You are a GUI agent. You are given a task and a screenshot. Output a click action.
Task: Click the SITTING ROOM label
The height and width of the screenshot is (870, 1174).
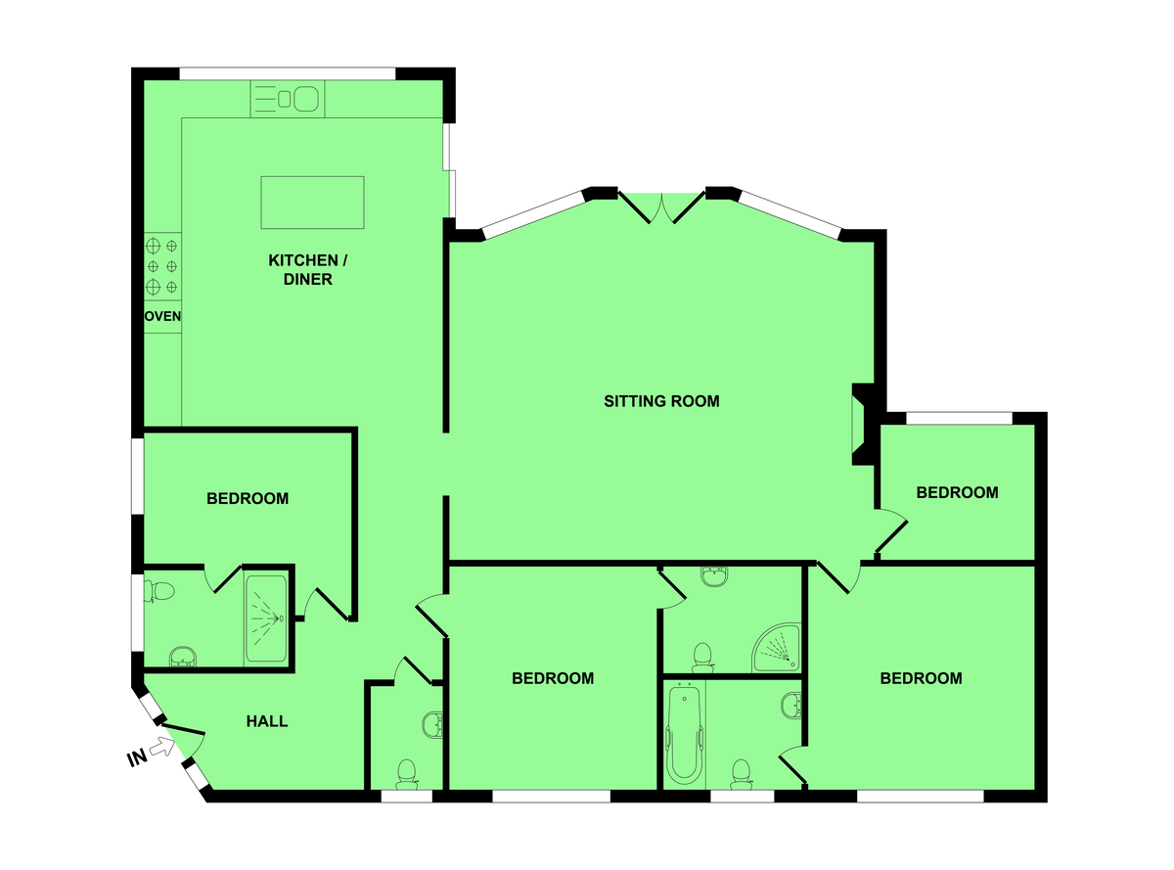(x=661, y=401)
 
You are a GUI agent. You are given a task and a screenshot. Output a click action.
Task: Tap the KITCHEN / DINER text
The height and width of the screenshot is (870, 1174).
(x=307, y=269)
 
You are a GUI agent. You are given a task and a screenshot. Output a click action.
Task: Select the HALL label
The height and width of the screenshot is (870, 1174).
(x=267, y=720)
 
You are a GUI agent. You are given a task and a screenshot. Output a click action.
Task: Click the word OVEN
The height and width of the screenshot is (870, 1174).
(x=162, y=316)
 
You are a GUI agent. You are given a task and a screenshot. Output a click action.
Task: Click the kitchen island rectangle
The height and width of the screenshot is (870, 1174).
(x=312, y=203)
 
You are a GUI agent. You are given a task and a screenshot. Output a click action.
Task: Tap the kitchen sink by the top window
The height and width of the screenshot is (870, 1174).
(x=288, y=99)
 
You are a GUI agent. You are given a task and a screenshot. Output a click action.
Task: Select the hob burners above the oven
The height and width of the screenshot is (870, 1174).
(x=162, y=266)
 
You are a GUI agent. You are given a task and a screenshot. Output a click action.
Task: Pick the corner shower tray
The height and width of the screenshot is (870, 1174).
(x=778, y=648)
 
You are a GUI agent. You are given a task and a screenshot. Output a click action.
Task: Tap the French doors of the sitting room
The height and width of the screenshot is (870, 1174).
(x=661, y=207)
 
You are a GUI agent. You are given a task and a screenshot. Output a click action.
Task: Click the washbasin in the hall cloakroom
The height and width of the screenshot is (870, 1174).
(x=433, y=725)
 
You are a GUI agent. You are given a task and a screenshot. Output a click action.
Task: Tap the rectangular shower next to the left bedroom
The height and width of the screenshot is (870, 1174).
(x=266, y=618)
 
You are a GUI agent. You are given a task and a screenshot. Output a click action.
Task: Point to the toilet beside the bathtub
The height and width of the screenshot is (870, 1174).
(x=741, y=774)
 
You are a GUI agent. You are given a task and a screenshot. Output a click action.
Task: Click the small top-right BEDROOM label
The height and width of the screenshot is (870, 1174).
(x=957, y=492)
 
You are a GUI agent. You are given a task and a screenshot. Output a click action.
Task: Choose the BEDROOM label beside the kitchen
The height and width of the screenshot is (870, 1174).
(x=248, y=498)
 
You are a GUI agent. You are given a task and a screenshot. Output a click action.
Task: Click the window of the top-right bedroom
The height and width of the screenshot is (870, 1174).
(x=959, y=418)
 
